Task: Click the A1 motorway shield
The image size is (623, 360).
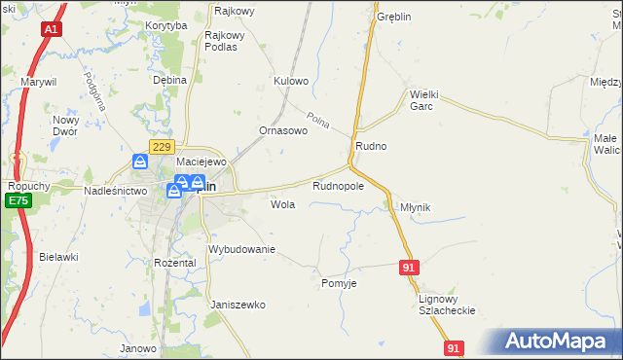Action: click(51, 30)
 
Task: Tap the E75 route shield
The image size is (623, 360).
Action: click(17, 200)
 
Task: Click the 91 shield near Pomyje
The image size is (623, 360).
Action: click(410, 267)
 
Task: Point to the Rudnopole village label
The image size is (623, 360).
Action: click(338, 185)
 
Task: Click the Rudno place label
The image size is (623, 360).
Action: click(371, 146)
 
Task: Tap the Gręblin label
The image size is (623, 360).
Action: click(395, 18)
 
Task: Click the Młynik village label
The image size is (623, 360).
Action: click(416, 207)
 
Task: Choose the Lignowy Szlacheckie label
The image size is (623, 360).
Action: click(446, 305)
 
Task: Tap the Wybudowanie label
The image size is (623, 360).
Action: click(242, 250)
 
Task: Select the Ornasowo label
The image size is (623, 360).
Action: click(283, 129)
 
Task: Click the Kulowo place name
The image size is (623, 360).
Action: click(291, 81)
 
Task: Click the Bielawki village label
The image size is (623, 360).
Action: click(58, 257)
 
